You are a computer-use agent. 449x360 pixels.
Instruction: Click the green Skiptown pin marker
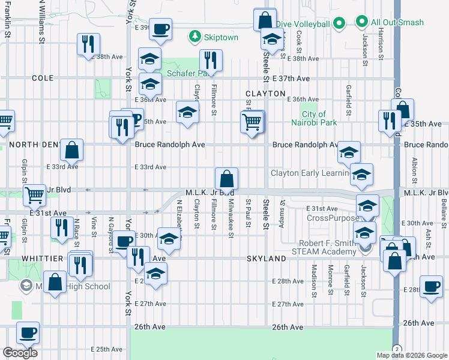195,37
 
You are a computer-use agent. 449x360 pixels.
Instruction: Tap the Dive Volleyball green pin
339,23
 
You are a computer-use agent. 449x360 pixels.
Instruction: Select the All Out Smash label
397,23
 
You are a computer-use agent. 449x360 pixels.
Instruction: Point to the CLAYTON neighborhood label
265,94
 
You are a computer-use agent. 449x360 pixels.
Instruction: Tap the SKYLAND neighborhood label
265,257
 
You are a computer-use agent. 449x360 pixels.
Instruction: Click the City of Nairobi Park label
314,118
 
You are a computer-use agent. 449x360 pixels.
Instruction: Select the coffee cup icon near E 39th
160,29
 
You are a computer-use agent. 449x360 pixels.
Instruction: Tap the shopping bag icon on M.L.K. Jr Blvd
227,179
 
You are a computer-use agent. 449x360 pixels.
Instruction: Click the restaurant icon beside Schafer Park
211,60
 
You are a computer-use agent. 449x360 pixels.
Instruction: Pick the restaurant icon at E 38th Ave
88,44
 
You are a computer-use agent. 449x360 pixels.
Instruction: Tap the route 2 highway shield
396,349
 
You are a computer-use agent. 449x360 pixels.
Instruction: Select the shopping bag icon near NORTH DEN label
71,150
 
